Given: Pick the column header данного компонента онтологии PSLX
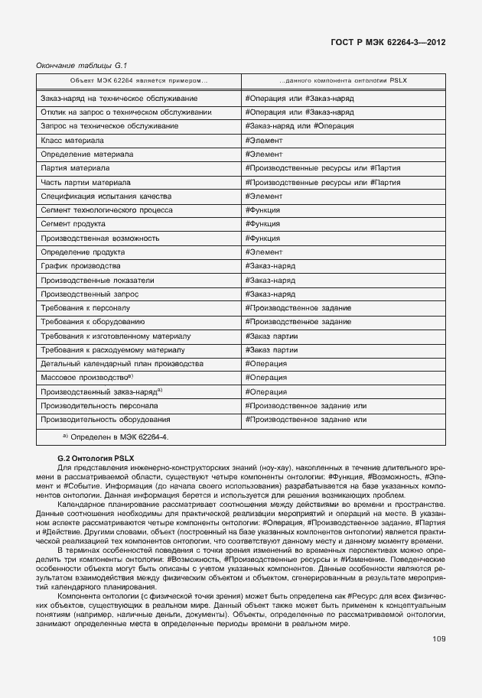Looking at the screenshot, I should tap(342, 80).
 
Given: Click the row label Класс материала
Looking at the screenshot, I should tap(72, 141).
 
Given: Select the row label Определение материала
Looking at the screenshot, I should tap(86, 154).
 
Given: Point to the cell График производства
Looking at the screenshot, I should tap(80, 265).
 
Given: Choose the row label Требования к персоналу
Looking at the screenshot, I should tap(88, 307).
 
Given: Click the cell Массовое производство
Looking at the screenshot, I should tap(86, 378).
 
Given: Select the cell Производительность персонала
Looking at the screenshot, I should tap(99, 405).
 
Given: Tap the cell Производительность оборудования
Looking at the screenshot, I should tap(105, 419).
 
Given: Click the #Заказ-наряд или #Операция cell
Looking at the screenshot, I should tap(299, 126).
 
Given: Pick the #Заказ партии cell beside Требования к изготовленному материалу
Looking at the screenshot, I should tap(272, 336).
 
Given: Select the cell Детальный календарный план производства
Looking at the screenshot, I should tap(121, 363).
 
